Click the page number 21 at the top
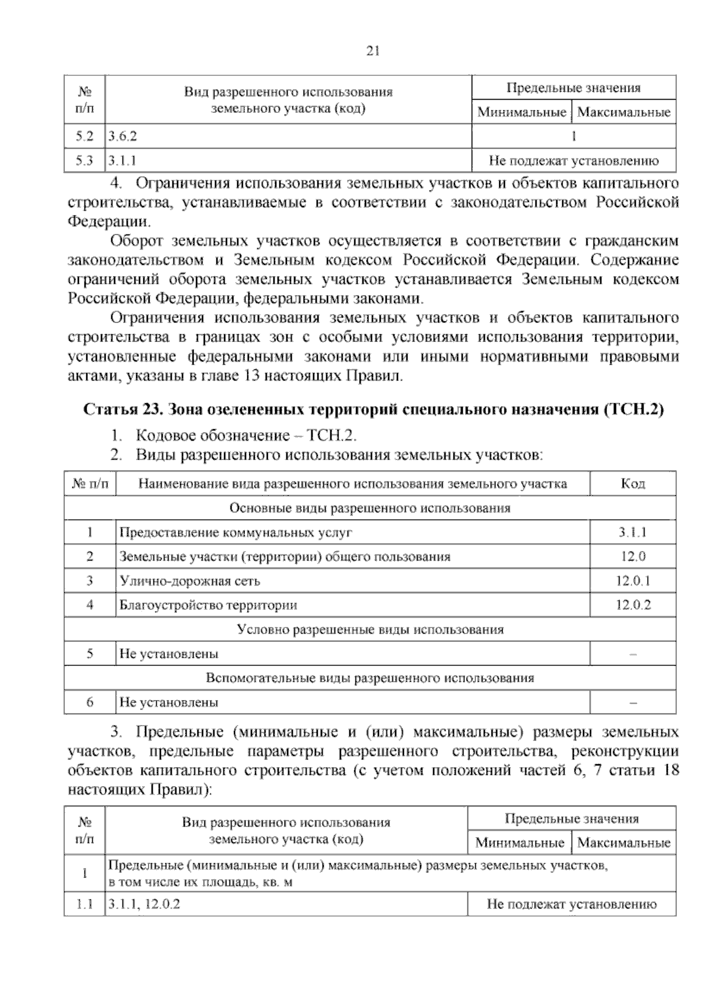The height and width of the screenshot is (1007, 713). [373, 51]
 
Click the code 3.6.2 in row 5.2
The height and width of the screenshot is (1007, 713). [122, 136]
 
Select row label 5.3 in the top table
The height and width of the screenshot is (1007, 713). [84, 160]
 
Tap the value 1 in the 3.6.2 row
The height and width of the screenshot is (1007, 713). [573, 136]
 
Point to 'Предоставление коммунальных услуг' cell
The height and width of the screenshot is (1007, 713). [236, 532]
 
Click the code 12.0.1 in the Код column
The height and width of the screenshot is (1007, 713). [633, 581]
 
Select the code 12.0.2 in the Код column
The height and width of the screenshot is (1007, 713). [633, 605]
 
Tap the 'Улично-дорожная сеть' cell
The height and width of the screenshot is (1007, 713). [190, 581]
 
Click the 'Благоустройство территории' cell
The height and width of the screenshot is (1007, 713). [209, 605]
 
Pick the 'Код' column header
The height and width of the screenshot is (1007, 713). [633, 484]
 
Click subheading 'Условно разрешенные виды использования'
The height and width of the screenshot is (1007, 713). [370, 629]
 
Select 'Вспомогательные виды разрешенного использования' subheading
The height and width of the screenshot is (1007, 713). [370, 678]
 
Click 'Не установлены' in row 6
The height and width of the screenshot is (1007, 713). [169, 702]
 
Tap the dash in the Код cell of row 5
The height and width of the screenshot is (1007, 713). [633, 654]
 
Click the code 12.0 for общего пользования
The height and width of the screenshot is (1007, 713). [633, 556]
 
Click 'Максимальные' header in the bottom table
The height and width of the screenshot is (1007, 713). [623, 843]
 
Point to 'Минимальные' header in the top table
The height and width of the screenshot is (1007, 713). [521, 112]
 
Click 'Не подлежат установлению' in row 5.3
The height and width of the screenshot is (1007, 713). [573, 160]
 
